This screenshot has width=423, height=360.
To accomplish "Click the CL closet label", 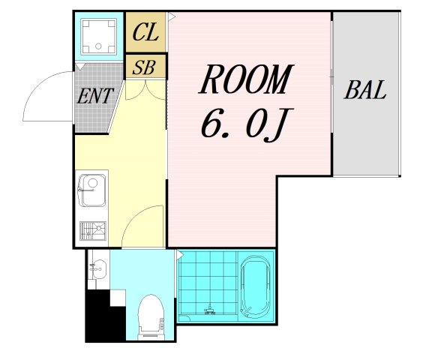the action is [145, 33].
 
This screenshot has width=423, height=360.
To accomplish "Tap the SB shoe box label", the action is [144, 67].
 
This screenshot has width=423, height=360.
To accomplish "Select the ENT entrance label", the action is [94, 96].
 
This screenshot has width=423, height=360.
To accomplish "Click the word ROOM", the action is [246, 79].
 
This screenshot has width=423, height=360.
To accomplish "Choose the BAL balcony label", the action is [365, 90].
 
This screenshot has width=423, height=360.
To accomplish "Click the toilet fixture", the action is [151, 316].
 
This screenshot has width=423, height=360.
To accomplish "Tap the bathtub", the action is [256, 286].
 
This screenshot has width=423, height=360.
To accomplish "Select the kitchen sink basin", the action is [92, 190].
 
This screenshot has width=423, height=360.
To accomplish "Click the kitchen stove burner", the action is [93, 231].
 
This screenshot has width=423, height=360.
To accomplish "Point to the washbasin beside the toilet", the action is [97, 268].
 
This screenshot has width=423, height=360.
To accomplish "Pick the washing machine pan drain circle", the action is [98, 46].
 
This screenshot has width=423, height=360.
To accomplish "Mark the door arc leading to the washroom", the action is [132, 217].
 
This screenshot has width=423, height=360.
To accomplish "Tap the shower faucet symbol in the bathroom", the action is [209, 310].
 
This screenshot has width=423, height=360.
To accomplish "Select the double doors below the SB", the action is [145, 90].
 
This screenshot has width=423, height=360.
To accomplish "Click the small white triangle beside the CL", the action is [172, 16].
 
